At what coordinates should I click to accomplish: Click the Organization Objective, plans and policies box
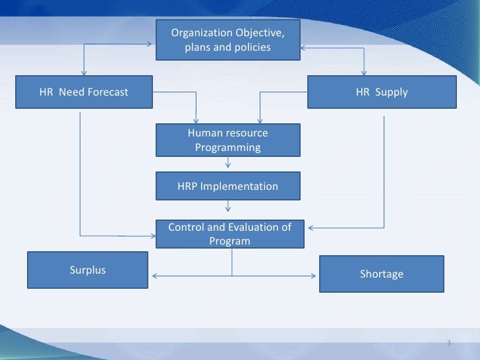click(227, 40)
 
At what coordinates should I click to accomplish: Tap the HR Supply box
click(382, 92)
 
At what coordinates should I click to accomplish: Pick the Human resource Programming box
click(227, 140)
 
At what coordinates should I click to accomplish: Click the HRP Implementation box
click(227, 187)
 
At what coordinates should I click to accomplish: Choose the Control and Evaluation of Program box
click(229, 234)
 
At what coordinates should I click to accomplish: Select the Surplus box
click(88, 270)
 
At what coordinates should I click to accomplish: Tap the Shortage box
click(381, 274)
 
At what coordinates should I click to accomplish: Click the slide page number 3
click(448, 344)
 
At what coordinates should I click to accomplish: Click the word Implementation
click(239, 187)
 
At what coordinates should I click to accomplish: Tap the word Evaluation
click(248, 227)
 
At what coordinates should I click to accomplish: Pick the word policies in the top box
click(251, 47)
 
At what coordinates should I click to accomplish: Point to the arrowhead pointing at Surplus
click(155, 275)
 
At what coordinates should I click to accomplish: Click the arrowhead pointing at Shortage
click(316, 275)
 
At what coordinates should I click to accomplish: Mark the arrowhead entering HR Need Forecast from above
click(84, 73)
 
